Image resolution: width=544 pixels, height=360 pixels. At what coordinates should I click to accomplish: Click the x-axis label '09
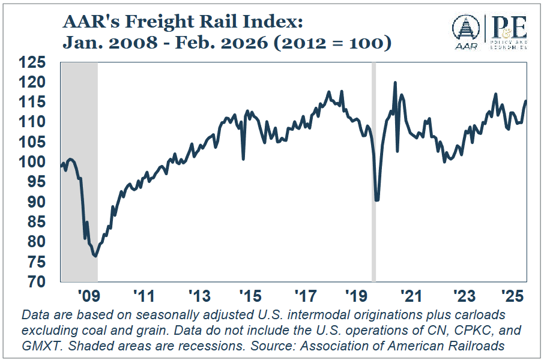[88, 296]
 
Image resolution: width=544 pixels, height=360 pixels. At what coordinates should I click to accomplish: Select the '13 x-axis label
[198, 296]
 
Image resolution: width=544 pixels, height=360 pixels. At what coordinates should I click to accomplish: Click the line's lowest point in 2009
[95, 256]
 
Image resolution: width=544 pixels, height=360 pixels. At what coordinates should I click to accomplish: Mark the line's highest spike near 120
[394, 83]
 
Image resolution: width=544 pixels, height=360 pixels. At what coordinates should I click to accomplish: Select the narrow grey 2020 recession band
[374, 180]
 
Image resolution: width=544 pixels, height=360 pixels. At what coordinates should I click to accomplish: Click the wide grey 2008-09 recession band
[79, 180]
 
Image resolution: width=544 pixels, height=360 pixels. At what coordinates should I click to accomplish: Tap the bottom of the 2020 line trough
[376, 200]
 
